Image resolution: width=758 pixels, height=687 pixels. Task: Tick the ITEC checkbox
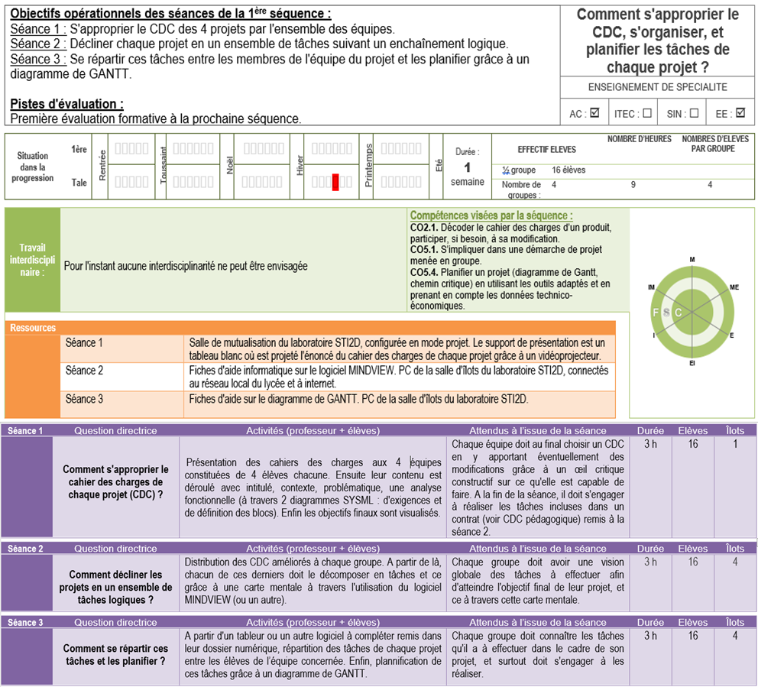click(647, 114)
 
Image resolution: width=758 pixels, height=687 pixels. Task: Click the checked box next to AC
click(594, 114)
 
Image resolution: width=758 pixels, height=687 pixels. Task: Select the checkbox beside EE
click(740, 114)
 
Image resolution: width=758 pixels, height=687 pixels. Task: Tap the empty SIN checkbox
click(694, 114)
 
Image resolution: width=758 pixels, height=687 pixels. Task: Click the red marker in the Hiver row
click(335, 182)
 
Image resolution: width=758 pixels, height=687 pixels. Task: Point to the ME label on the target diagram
click(734, 287)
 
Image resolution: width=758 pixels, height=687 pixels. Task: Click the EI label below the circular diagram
click(692, 362)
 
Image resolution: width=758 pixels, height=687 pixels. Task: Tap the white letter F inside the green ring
click(656, 312)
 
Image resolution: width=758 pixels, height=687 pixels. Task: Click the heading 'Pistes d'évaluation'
click(66, 104)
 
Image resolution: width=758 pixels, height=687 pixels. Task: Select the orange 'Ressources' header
click(33, 328)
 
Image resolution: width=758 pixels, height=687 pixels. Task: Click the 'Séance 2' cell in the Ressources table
click(85, 371)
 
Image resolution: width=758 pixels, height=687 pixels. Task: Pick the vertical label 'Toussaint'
click(163, 165)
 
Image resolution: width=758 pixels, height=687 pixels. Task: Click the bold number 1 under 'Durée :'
click(467, 167)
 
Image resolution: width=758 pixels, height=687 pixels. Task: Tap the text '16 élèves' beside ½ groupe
click(568, 170)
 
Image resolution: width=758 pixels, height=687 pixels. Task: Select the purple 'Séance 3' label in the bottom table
click(25, 622)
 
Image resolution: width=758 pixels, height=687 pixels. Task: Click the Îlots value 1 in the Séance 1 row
click(735, 444)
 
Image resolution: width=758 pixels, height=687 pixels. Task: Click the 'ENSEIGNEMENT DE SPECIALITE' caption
click(657, 87)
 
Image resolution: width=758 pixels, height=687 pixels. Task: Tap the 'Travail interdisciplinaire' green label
click(32, 260)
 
